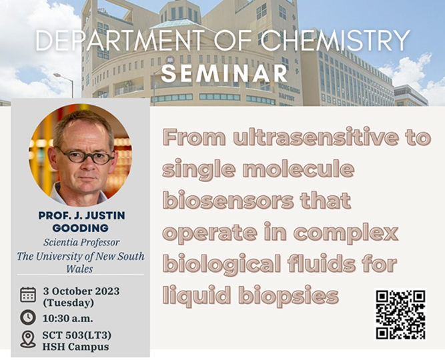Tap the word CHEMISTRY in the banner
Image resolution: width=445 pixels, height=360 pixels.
pos(335,41)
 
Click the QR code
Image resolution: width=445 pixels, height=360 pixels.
pos(400,314)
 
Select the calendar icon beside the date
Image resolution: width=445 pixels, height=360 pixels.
pos(28,295)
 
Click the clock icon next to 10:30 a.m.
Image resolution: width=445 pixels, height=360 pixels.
pos(28,317)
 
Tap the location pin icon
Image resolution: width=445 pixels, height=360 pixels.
pos(28,339)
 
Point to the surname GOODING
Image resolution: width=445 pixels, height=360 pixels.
pos(81,228)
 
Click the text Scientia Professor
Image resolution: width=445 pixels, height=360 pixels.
pos(81,243)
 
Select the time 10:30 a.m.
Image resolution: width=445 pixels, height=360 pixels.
pos(68,318)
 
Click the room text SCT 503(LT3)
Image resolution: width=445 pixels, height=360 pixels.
pos(77,335)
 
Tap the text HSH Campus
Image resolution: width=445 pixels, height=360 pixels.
pos(75,347)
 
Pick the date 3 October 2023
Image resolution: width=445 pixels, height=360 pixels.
pos(81,291)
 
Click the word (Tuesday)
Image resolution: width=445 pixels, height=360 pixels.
pos(69,303)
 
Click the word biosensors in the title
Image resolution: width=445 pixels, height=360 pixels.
pos(228,201)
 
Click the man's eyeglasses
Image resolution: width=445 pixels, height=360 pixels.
pos(85,156)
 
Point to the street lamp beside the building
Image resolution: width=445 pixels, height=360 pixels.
pos(64,85)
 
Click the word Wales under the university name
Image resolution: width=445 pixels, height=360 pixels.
pos(80,269)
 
